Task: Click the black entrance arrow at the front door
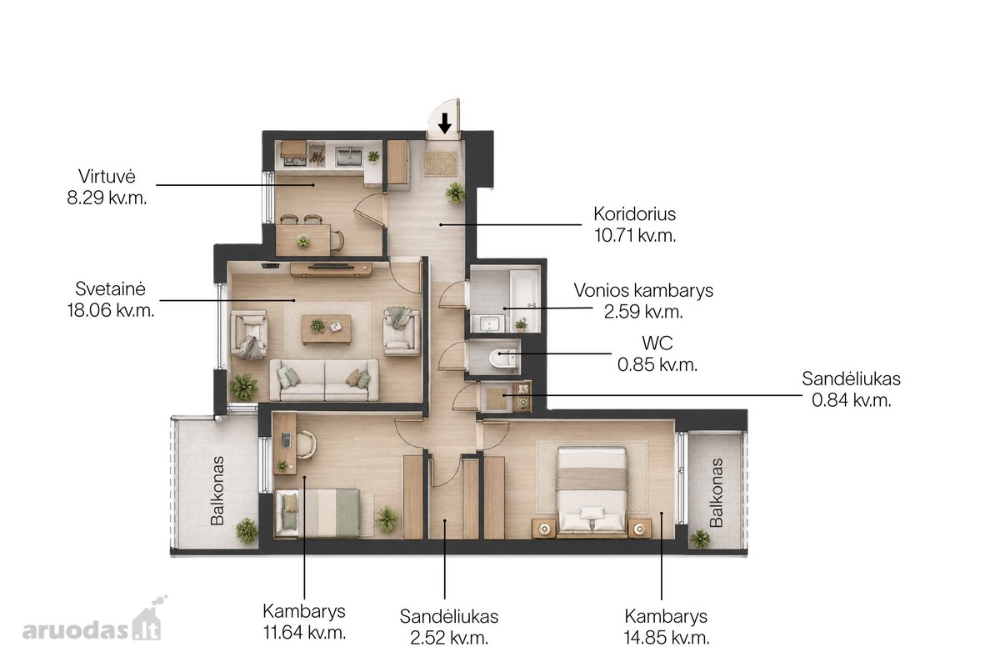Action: tap(444, 123)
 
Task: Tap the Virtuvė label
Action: tap(107, 177)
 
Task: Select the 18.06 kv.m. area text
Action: tap(111, 310)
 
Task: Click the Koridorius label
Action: tap(634, 214)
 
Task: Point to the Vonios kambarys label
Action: tap(643, 291)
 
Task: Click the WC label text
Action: tap(657, 344)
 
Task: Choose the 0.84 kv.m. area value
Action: tap(852, 400)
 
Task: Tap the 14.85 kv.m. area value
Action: tap(667, 638)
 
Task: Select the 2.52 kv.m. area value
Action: tap(449, 638)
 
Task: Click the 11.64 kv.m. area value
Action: tap(304, 633)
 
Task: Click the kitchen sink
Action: tap(349, 157)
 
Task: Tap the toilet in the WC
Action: tap(501, 358)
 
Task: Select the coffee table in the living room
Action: tap(327, 329)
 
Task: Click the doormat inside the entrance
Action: tap(441, 163)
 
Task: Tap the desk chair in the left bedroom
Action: tap(306, 444)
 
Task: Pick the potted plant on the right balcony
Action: tap(699, 539)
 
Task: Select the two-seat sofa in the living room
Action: tap(324, 380)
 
